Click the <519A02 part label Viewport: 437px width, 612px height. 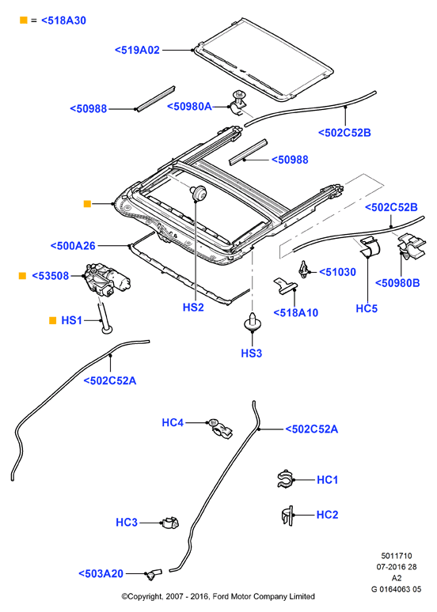[137, 50]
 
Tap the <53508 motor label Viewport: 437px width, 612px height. [50, 276]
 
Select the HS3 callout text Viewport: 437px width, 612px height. [251, 353]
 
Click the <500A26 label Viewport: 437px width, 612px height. [73, 246]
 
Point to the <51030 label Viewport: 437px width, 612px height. [338, 272]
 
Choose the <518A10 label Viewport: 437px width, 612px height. [296, 312]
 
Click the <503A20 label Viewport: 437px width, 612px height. [101, 574]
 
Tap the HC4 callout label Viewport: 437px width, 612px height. [173, 423]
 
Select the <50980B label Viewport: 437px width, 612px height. [397, 283]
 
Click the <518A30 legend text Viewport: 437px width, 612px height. [63, 21]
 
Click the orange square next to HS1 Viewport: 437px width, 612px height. [53, 320]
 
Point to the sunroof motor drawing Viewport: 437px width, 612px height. [107, 281]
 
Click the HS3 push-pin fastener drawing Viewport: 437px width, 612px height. [253, 322]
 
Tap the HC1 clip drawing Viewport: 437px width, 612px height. [285, 479]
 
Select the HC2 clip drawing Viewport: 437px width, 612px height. [287, 516]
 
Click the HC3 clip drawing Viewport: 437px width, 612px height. [171, 523]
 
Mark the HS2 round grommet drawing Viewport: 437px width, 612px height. [199, 193]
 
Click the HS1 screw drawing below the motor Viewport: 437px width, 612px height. [105, 318]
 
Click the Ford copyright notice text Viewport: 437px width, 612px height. [218, 596]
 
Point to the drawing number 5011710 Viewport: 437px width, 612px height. [397, 556]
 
